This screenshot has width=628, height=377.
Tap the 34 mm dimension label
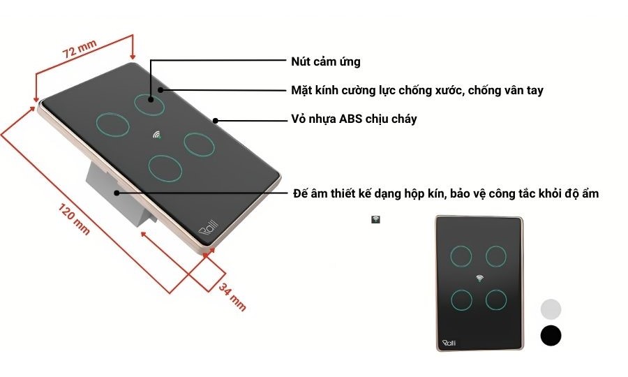click(x=232, y=295)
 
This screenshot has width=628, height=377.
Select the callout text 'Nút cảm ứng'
click(x=325, y=61)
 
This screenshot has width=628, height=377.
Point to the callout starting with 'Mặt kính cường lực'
click(x=417, y=90)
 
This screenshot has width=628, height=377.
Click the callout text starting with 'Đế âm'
click(x=445, y=193)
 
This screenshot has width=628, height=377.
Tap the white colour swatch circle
click(x=551, y=309)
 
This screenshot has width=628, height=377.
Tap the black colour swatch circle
click(x=551, y=336)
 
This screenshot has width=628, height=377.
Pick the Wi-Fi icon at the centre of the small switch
click(x=479, y=278)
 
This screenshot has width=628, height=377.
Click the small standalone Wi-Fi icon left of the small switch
click(x=375, y=219)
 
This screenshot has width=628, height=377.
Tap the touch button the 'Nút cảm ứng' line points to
click(x=150, y=103)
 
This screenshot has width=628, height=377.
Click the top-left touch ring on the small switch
click(x=461, y=256)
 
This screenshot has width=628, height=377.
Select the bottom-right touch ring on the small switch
click(x=496, y=300)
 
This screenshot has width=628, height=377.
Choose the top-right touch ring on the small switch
click(x=496, y=256)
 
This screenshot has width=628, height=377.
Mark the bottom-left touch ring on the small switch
click(x=461, y=300)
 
